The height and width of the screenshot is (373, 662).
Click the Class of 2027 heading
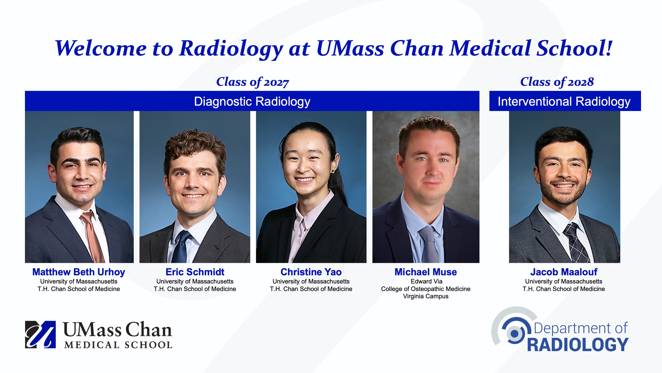tap(252, 82)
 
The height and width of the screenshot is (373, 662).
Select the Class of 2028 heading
tap(557, 82)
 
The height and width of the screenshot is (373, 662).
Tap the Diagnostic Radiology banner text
tap(252, 101)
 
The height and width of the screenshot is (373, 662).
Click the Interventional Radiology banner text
tap(564, 101)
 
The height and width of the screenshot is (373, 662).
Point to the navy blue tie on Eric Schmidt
tap(181, 247)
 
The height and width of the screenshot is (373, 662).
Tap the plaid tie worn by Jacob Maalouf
tap(577, 242)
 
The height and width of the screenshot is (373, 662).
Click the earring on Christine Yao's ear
tap(333, 171)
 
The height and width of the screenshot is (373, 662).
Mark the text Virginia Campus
tap(426, 296)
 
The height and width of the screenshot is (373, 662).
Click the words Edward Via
tap(426, 281)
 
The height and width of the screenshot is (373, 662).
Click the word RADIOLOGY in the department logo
tap(578, 345)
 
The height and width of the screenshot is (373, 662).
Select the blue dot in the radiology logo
tap(515, 334)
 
